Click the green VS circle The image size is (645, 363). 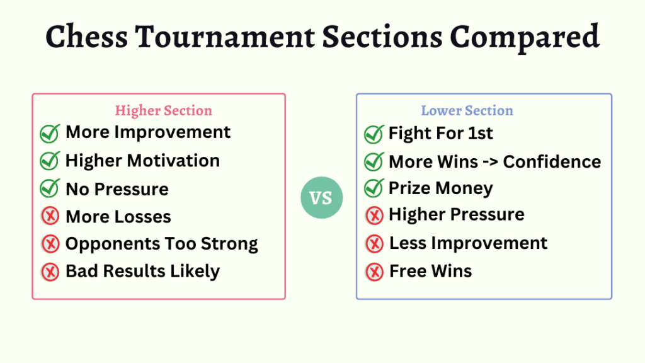pos(322,197)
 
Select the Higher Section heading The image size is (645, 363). pos(164,110)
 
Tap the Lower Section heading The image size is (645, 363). pos(467,110)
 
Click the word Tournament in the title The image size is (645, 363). pos(225,36)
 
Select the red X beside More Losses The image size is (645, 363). pos(50,216)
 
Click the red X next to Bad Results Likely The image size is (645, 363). pos(50,272)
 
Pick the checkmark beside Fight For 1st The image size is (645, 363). pos(374,134)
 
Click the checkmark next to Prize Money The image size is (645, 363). pos(374,188)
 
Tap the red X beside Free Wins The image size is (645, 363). pos(374,272)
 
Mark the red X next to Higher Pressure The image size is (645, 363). pos(374,216)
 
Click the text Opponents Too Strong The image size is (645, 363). pos(162,244)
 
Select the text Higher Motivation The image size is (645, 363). pos(143,161)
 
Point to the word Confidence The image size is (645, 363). pos(552,162)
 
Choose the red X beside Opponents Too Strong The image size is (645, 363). pos(50,244)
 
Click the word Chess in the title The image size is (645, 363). pos(87,36)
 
